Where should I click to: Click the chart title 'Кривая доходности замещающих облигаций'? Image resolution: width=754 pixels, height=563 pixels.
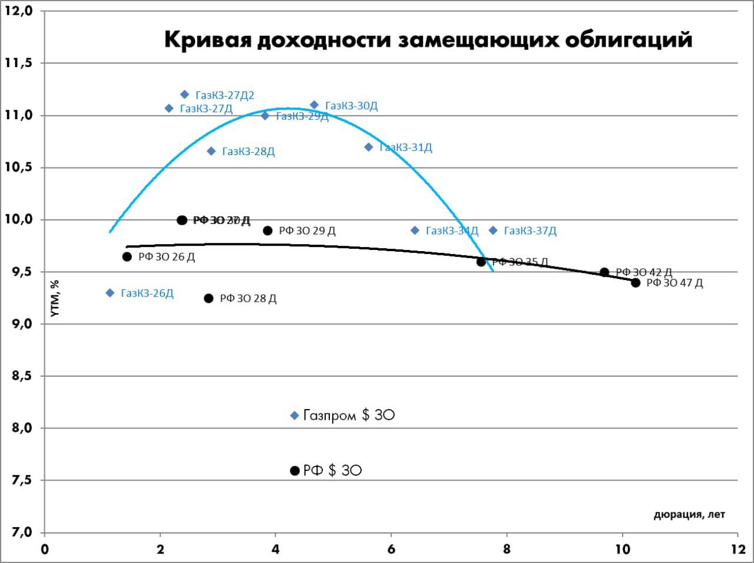pos(428,39)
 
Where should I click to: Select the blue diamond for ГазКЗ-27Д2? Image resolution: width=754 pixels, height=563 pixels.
pos(184,94)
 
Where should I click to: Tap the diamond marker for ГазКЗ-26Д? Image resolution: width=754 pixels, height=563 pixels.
pos(110,293)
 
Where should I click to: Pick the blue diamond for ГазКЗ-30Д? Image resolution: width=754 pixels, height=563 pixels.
pos(314,105)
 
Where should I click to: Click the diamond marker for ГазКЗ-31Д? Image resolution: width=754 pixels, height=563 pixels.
pos(369,147)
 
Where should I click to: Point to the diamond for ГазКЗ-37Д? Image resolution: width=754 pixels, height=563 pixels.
pos(493,231)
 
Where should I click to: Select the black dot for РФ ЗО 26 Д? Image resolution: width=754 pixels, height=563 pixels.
pos(127,256)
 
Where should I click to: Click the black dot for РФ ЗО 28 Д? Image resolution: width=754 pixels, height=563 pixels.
pos(209,298)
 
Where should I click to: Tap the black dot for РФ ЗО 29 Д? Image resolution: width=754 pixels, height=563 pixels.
pos(267,231)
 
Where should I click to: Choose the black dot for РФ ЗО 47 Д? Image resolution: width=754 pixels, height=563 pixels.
pos(636,282)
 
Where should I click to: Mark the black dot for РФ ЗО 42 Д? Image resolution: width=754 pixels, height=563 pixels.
pos(604,272)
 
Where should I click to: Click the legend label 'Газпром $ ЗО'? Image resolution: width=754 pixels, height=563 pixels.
pos(349,416)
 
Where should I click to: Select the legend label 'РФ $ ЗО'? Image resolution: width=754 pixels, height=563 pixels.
pos(332,470)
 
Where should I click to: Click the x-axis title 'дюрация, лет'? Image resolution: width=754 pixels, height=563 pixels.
pos(689,515)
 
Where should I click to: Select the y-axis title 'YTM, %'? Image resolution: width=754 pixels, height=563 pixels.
pos(55,298)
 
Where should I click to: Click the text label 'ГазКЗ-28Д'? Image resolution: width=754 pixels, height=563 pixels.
pos(249,152)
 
